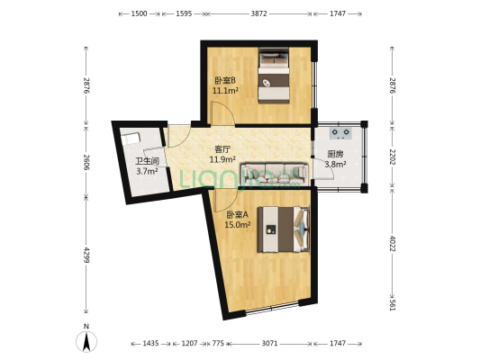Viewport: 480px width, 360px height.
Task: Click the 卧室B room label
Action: click(225, 80)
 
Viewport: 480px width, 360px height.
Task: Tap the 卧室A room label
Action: click(237, 214)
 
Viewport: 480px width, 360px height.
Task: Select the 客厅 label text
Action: click(222, 149)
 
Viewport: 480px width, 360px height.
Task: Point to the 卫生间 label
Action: click(147, 161)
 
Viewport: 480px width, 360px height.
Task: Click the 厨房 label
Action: click(335, 154)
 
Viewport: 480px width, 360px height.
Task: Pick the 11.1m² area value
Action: click(225, 91)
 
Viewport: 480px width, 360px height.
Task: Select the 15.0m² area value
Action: click(237, 225)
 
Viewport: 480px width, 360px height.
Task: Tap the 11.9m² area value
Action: click(222, 160)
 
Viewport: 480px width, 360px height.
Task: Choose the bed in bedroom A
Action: click(283, 229)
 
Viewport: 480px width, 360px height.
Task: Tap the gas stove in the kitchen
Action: click(340, 134)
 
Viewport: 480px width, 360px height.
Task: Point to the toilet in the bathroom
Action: click(132, 139)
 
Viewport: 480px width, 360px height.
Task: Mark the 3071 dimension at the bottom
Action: click(269, 344)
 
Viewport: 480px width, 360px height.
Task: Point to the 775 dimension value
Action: click(217, 344)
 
